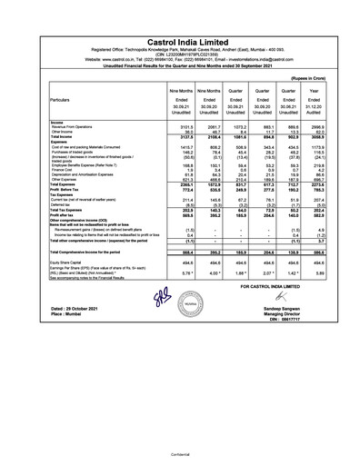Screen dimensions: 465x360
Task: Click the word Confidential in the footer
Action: pos(179,449)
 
